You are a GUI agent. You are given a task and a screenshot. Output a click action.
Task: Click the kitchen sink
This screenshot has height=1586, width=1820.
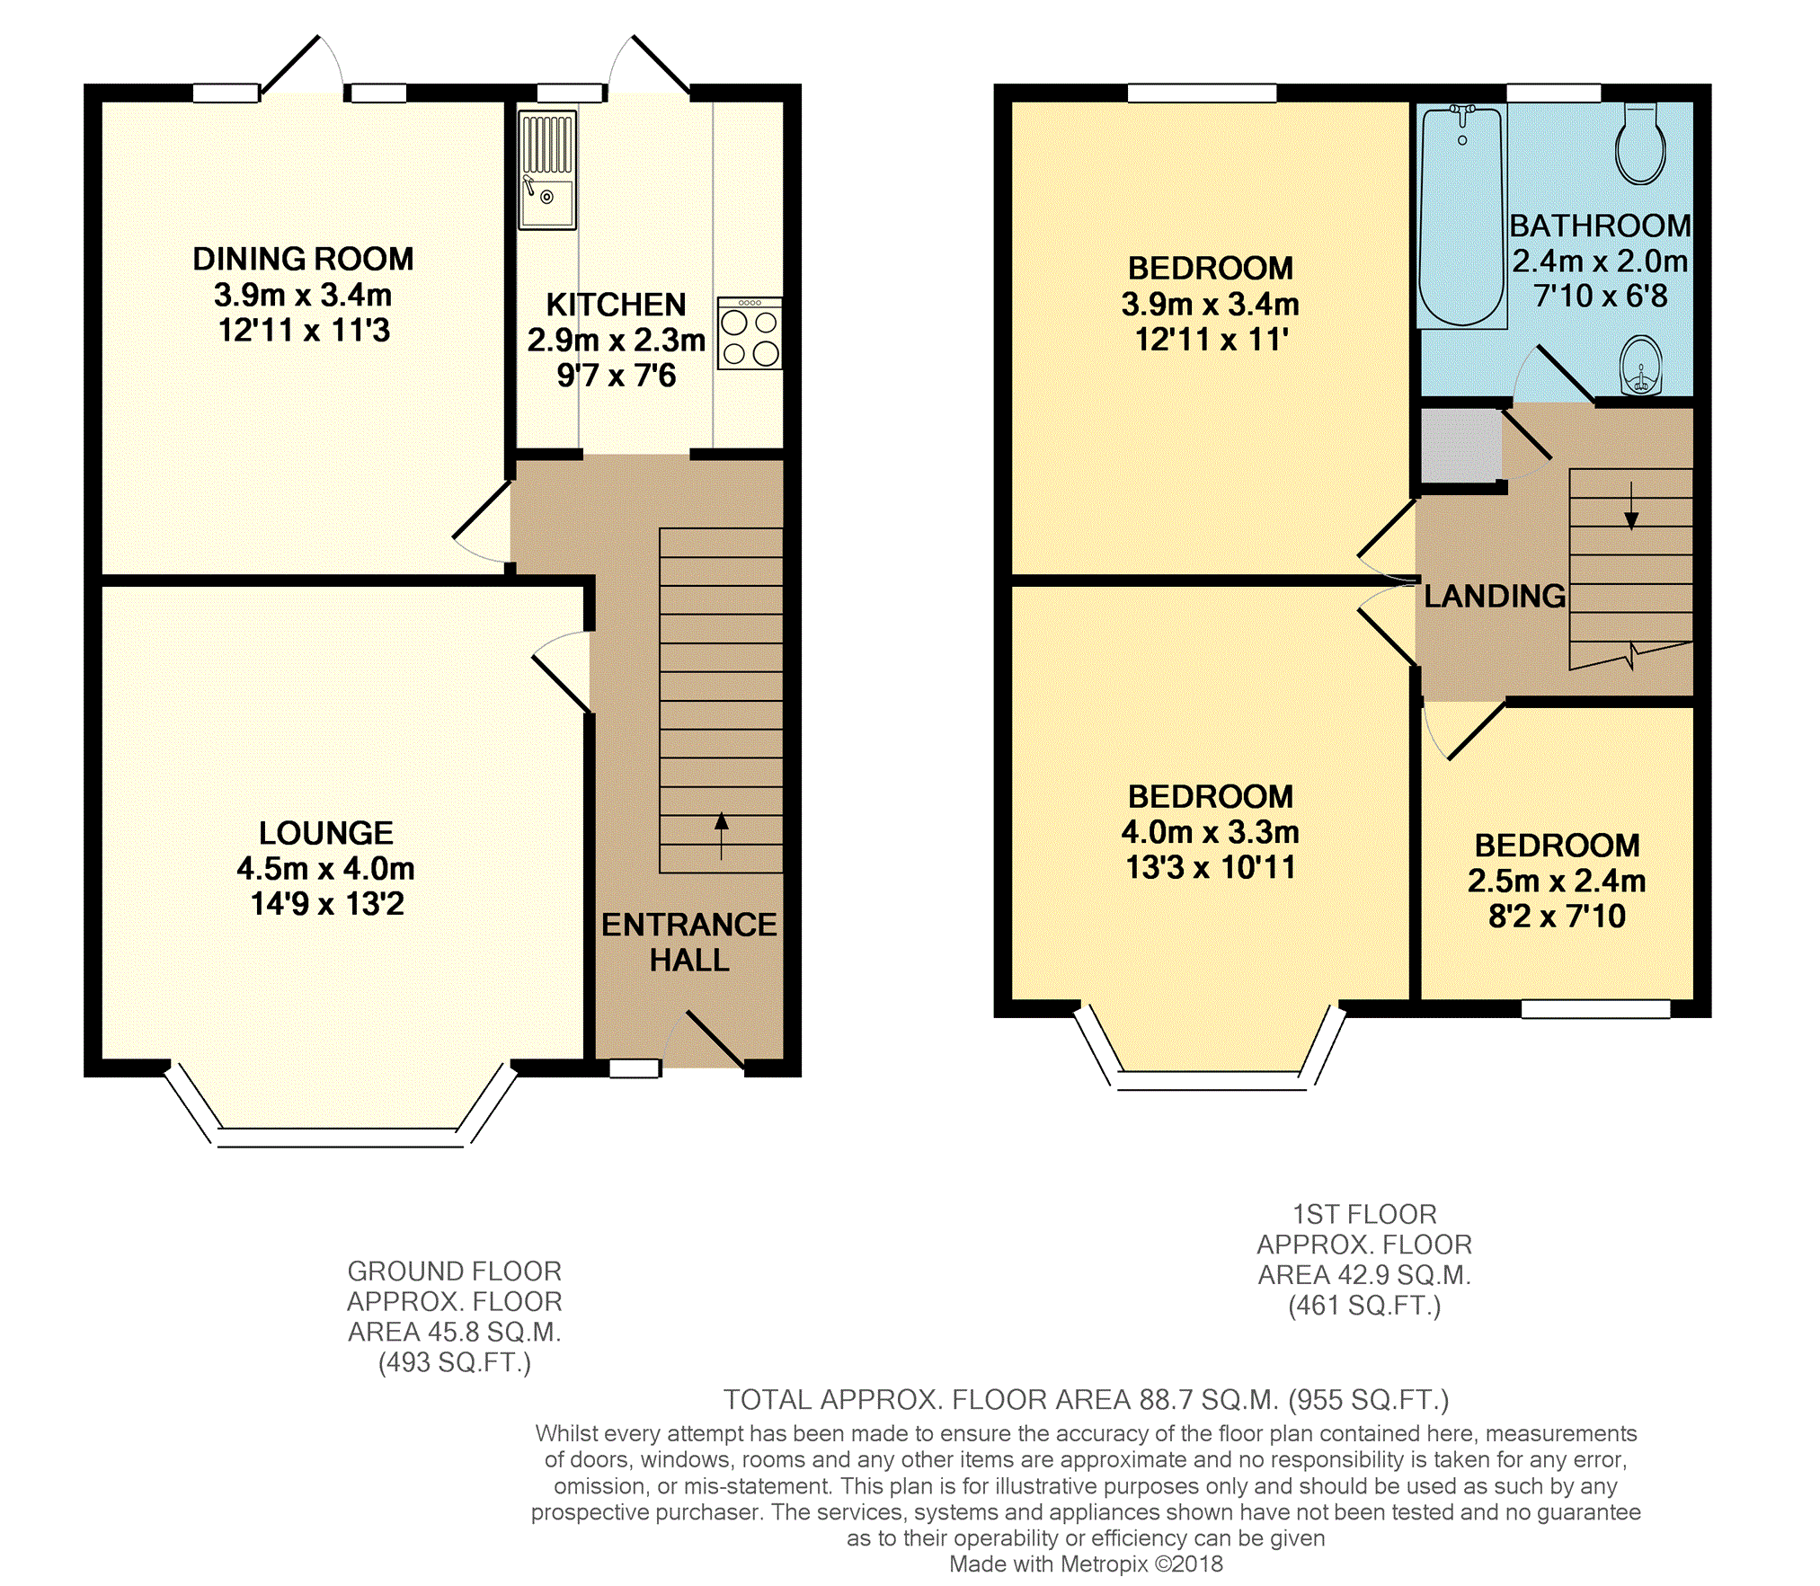click(547, 170)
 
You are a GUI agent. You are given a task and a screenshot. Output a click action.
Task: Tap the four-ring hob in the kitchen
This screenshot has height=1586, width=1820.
click(750, 333)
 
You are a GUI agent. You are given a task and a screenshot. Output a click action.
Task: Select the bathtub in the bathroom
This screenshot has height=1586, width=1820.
click(1461, 217)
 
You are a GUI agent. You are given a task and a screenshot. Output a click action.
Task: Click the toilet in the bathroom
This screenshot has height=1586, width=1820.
click(1640, 144)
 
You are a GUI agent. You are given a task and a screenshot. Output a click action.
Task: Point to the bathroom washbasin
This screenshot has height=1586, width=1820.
click(1641, 367)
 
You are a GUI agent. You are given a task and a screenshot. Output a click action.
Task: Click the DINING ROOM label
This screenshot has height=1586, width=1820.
click(304, 260)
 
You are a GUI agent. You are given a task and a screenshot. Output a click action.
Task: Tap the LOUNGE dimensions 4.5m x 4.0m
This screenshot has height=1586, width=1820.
click(326, 869)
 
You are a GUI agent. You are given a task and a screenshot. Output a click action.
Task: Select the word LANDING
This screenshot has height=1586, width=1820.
click(1495, 596)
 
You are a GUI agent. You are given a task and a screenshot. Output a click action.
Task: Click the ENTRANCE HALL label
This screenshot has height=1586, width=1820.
click(689, 942)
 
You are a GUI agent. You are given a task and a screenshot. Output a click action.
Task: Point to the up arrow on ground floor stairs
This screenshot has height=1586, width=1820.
click(721, 836)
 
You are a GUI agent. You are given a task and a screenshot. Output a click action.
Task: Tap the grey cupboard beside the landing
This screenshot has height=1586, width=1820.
click(1460, 446)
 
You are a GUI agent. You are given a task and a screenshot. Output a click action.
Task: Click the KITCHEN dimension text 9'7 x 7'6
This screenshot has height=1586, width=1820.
click(617, 376)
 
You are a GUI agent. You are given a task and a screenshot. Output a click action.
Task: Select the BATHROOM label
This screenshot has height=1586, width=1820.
click(1600, 226)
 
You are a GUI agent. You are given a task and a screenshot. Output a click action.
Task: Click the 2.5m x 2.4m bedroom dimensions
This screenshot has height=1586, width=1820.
click(1557, 882)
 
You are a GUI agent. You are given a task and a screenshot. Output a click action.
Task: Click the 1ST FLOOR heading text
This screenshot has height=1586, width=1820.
click(1364, 1215)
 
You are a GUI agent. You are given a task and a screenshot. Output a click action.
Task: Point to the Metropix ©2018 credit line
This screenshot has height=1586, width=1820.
click(1086, 1564)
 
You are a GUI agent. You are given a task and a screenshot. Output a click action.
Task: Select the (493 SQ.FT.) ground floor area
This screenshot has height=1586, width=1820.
click(455, 1363)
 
